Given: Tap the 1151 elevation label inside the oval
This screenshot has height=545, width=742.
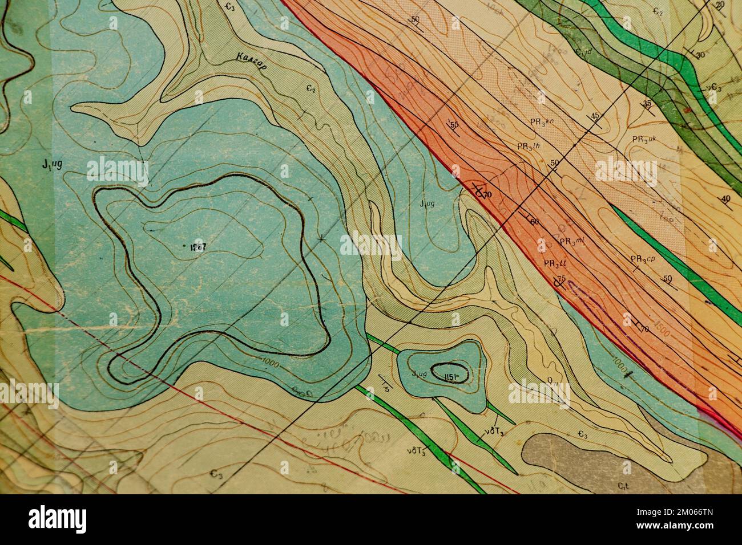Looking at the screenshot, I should (450, 374).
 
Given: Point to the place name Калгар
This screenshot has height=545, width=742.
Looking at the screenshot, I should (249, 57).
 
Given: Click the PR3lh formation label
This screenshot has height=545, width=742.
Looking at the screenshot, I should (529, 146).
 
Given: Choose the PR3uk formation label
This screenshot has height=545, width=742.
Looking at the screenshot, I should (647, 139).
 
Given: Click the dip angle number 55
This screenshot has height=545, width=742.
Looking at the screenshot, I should (454, 125).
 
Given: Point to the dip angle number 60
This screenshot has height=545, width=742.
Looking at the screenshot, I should (535, 221).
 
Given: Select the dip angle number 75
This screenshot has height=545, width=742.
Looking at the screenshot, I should (561, 278).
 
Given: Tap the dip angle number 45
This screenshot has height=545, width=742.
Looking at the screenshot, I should (595, 116).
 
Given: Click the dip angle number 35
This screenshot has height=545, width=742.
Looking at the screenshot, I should (647, 103).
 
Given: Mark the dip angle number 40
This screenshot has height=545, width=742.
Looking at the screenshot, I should (725, 198).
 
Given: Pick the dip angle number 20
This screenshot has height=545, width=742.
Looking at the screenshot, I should (720, 5).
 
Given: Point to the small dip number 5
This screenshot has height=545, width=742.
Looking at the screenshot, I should (386, 389).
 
